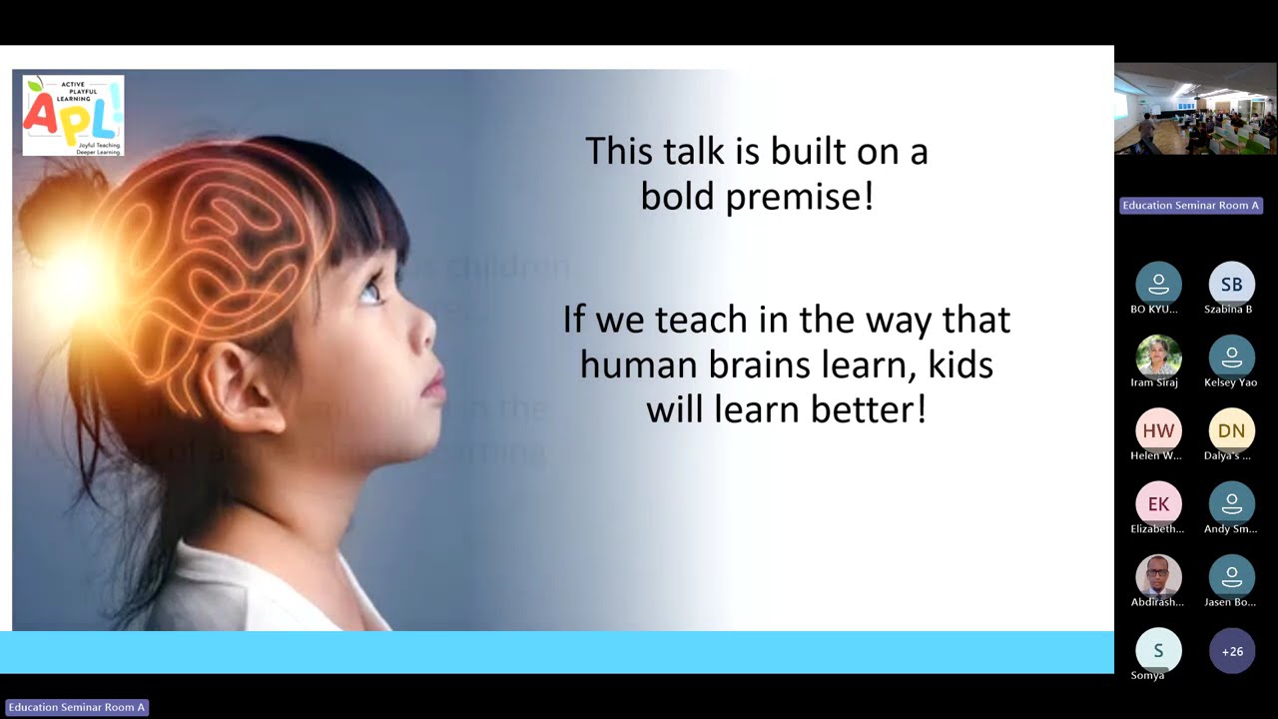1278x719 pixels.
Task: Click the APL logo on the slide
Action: [73, 115]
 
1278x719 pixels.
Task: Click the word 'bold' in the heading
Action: [678, 196]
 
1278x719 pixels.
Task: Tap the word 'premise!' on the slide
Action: [800, 197]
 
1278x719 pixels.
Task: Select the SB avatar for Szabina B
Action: [1231, 285]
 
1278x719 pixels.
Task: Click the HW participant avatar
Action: [1158, 430]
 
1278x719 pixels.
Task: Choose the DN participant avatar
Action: [1231, 430]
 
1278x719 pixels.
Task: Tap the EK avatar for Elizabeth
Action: [1158, 504]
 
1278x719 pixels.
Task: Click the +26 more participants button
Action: [1232, 651]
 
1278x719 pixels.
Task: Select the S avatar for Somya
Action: [1158, 651]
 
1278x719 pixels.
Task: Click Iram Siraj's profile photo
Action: [1158, 357]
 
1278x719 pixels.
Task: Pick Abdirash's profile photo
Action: [1158, 577]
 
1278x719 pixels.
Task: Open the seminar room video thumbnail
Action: [1195, 109]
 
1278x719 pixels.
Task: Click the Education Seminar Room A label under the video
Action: [1191, 206]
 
